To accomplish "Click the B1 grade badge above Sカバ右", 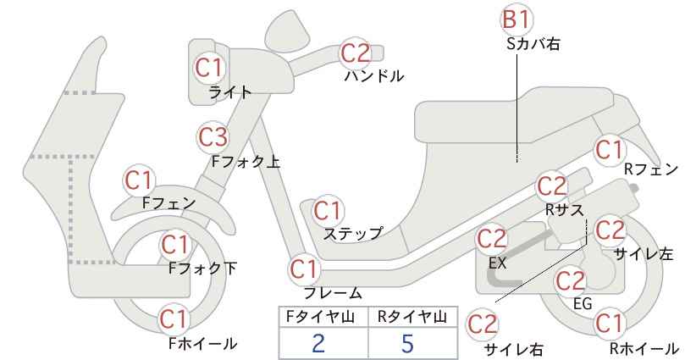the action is click(517, 20).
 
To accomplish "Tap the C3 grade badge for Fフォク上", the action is click(213, 137).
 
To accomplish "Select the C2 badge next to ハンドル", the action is click(356, 53).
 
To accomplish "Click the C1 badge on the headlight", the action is click(208, 68).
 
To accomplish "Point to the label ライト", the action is click(230, 91).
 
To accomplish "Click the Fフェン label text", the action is click(169, 202).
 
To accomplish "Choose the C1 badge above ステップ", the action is click(328, 211).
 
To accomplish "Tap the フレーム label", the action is click(333, 292).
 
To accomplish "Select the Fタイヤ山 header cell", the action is click(323, 317).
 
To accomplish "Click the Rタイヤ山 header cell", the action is click(413, 317).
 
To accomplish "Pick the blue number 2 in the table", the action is click(318, 343).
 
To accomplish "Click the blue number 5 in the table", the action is click(407, 343).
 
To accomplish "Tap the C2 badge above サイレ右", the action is click(483, 324).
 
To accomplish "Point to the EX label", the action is click(498, 263).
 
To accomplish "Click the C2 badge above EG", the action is click(571, 281).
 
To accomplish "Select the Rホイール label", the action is click(644, 348).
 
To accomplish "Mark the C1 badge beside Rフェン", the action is click(609, 150).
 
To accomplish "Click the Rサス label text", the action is click(564, 209).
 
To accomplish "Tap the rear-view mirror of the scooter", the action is click(288, 28).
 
